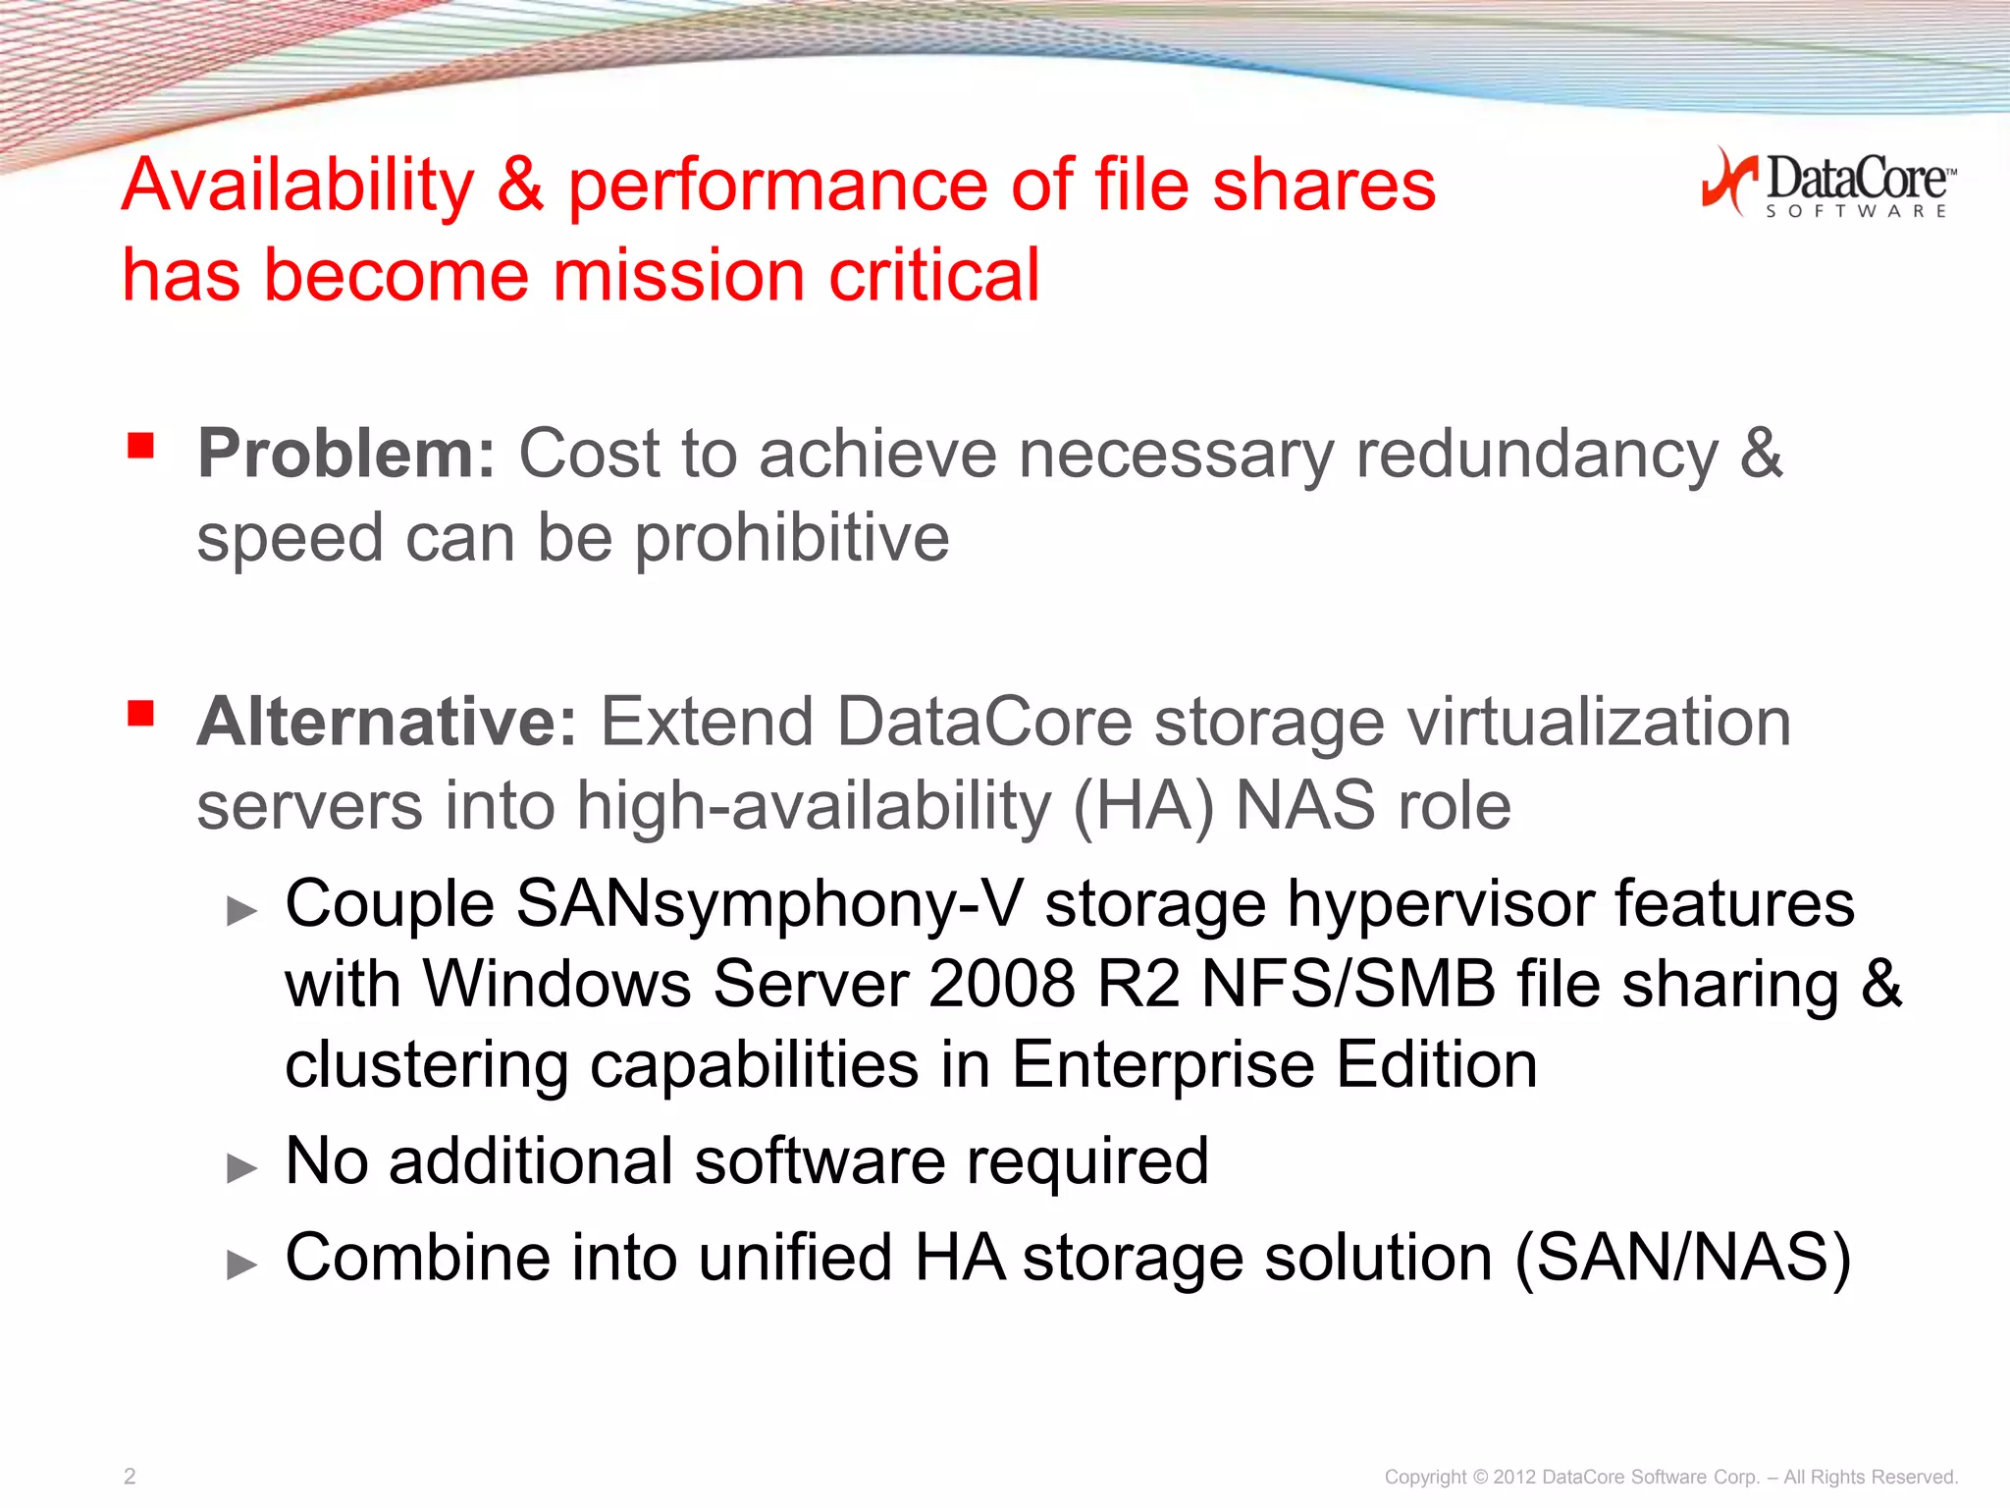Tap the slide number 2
130,1476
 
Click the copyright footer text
1670,1477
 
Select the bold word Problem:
346,454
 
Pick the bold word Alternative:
387,722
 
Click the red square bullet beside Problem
141,446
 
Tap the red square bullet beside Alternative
141,713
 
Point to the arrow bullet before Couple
241,911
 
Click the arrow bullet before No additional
241,1168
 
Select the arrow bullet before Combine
241,1265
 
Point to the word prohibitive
792,538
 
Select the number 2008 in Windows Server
1001,984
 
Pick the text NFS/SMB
1348,984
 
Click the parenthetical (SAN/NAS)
1682,1259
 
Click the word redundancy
1537,456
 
